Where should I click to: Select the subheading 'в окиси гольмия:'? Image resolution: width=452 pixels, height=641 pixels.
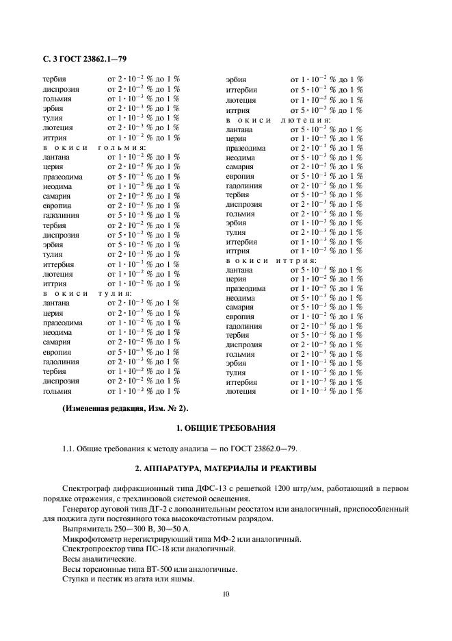pyautogui.click(x=94, y=147)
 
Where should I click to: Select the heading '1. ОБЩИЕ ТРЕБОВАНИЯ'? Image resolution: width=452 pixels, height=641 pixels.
pyautogui.click(x=226, y=429)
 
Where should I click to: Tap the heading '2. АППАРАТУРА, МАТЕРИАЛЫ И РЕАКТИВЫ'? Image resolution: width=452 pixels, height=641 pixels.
pyautogui.click(x=226, y=468)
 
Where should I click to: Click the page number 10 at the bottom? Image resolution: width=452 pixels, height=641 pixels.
pyautogui.click(x=226, y=594)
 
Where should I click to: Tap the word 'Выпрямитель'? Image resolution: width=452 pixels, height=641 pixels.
pyautogui.click(x=86, y=529)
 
